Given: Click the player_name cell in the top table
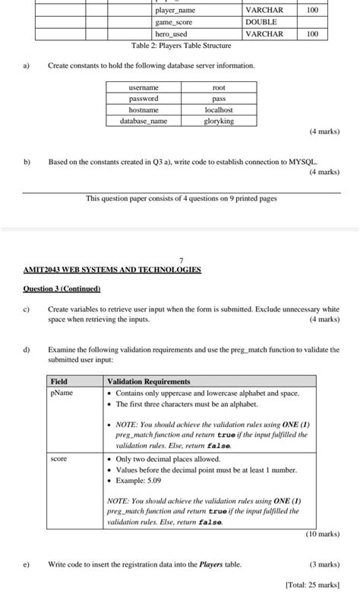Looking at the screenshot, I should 175,11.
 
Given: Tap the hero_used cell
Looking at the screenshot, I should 171,34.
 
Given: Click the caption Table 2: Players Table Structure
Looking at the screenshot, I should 181,46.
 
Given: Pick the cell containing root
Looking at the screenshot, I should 219,88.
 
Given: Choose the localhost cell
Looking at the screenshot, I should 219,109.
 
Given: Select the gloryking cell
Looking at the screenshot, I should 219,121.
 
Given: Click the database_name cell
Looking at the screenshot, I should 144,121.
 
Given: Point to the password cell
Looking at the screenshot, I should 144,99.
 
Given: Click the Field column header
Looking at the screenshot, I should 58,381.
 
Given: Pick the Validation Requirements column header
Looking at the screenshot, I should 149,381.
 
